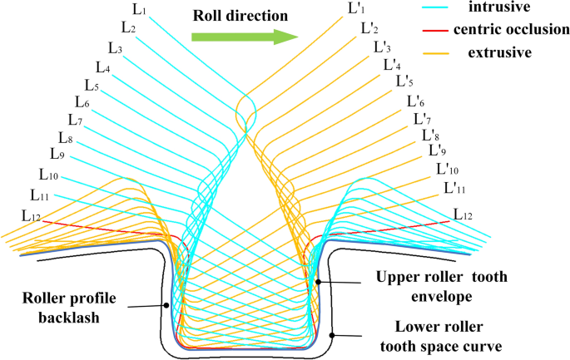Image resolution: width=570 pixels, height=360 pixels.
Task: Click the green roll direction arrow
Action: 244,36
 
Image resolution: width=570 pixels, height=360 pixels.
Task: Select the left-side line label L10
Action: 48,175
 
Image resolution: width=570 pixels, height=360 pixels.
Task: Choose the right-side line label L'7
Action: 424,119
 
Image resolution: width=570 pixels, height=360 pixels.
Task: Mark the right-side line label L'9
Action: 437,150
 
